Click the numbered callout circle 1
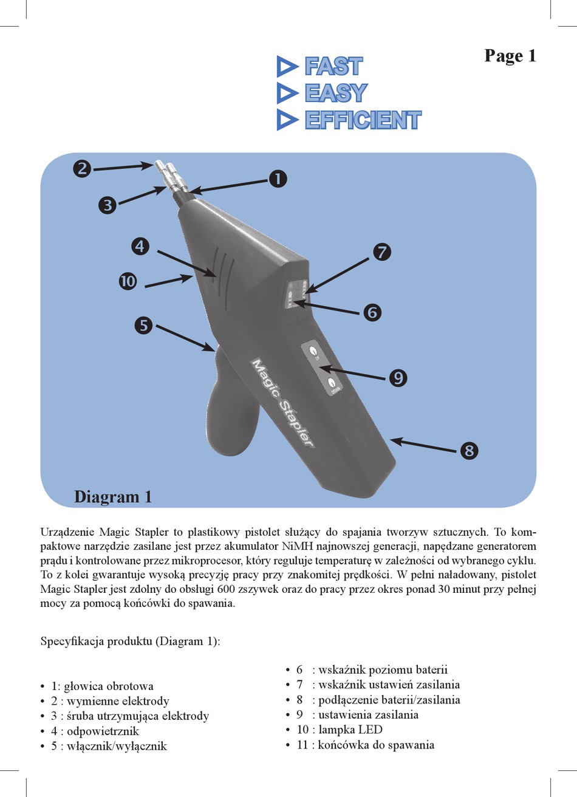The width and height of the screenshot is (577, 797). pos(278,179)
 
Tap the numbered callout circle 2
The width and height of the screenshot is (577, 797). pos(82,168)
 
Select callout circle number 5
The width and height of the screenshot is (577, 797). pos(144,326)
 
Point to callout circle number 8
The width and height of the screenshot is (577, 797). pos(469,451)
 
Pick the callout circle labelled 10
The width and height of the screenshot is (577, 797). pos(128,281)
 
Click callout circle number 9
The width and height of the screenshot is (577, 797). pos(398,377)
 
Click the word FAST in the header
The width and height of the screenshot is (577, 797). pos(333,66)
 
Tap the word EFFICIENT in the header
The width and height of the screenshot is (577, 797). pos(363,120)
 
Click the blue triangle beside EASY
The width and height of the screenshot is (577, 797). pos(287,93)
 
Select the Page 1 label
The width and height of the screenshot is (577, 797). pos(510,56)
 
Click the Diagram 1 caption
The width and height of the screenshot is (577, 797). pos(113,497)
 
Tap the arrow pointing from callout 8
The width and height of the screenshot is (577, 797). pos(423,446)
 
